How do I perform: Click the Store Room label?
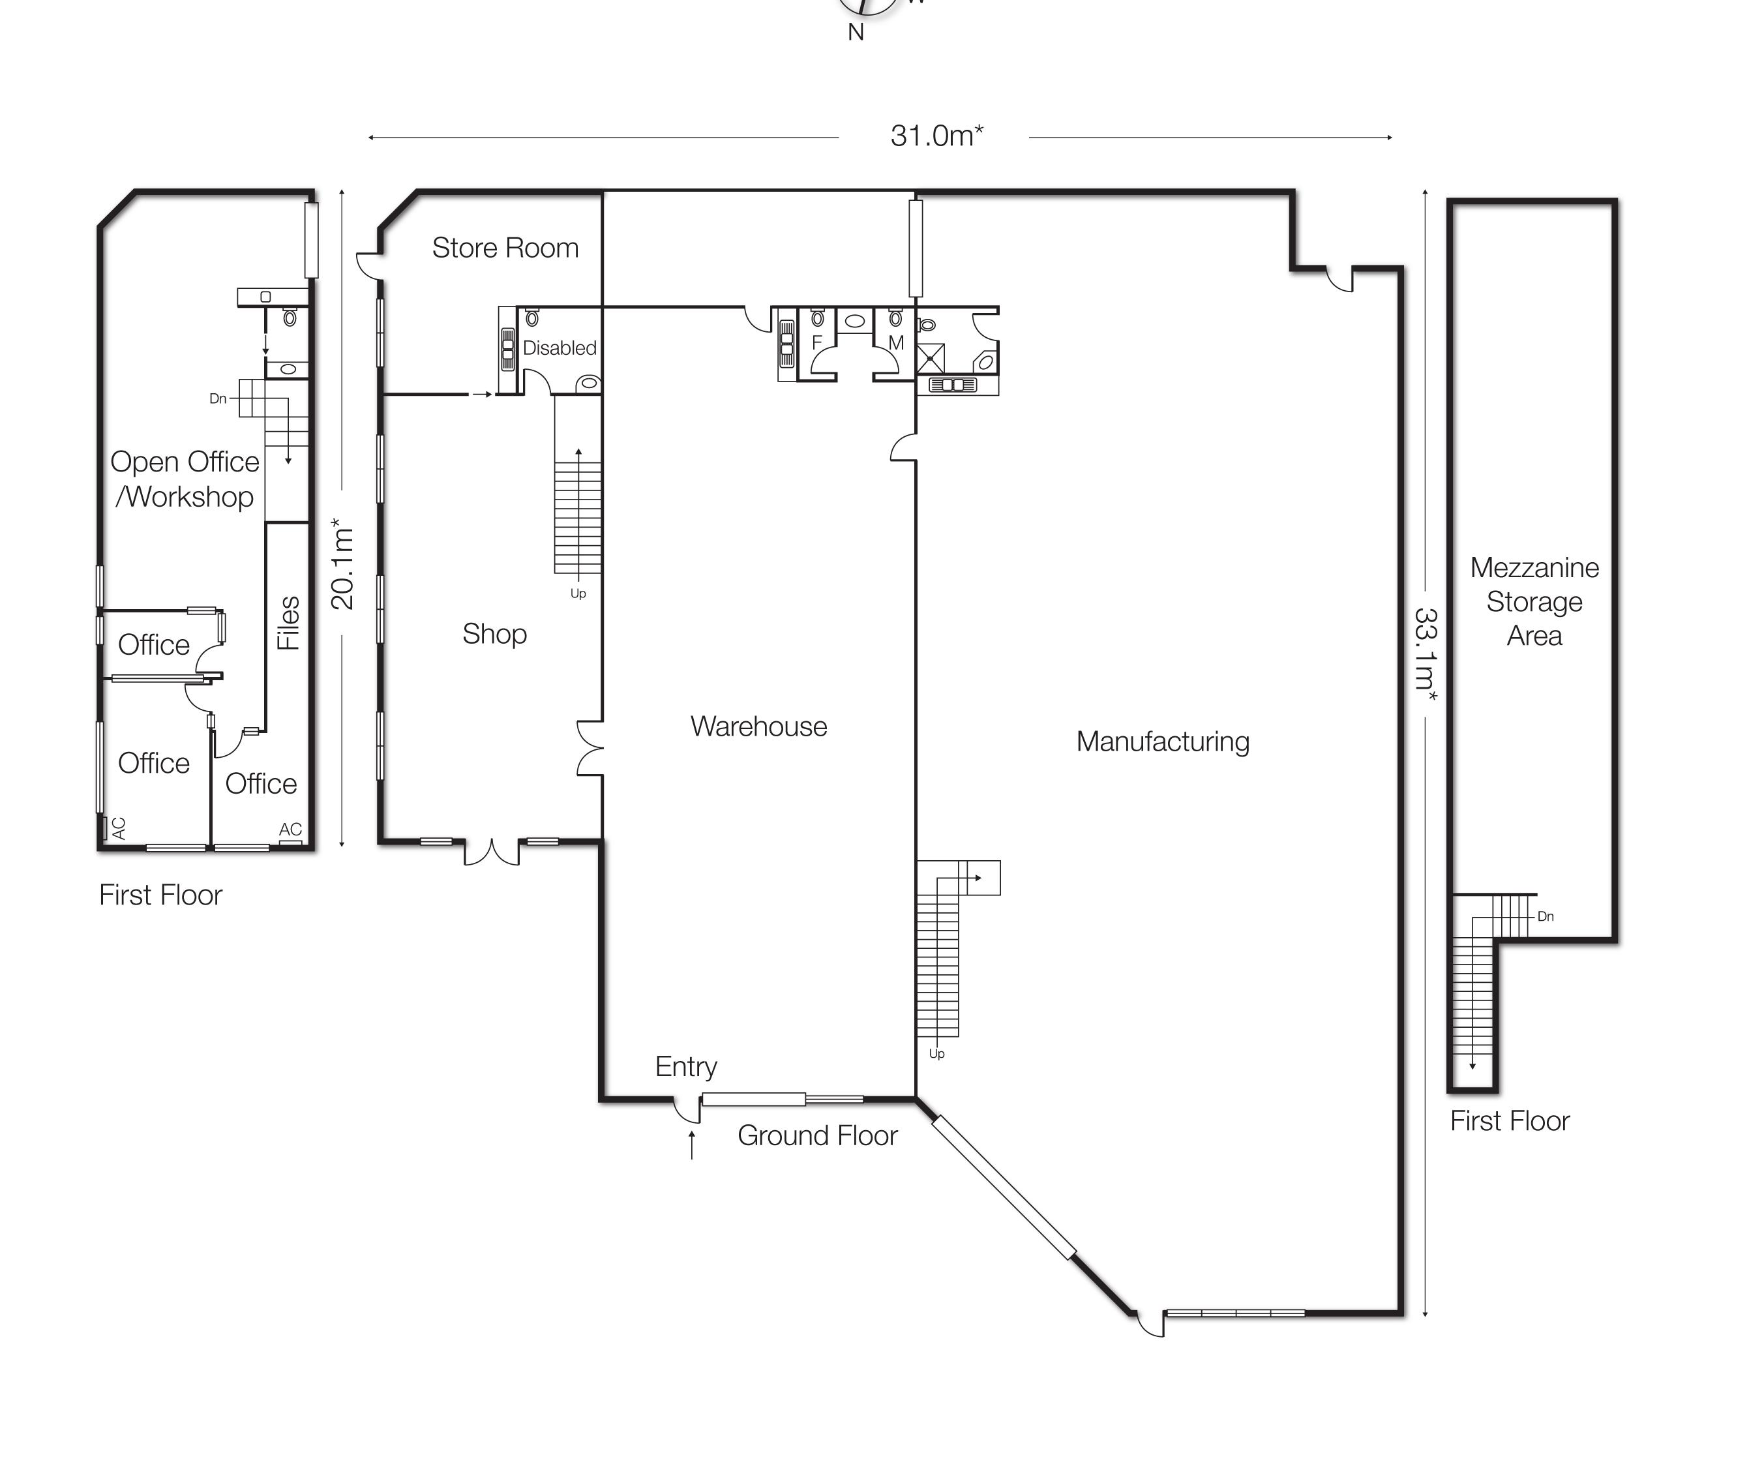(x=505, y=248)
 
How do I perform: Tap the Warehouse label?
(x=758, y=727)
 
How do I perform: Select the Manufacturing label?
(x=1163, y=741)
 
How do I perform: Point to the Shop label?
(x=495, y=634)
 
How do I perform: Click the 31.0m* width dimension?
(x=936, y=135)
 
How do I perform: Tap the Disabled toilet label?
(x=560, y=348)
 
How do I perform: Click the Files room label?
(x=288, y=623)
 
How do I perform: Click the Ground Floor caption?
(x=817, y=1135)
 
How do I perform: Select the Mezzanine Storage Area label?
(x=1534, y=601)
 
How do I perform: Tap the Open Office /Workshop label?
(x=185, y=479)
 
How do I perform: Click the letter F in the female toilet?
(x=816, y=342)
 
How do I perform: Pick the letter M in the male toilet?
(x=895, y=342)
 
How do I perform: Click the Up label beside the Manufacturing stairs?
(x=936, y=1054)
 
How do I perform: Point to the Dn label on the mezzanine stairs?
(x=1546, y=916)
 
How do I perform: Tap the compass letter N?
(x=856, y=32)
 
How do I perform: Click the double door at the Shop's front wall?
(x=492, y=852)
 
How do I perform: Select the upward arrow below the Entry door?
(x=691, y=1145)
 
